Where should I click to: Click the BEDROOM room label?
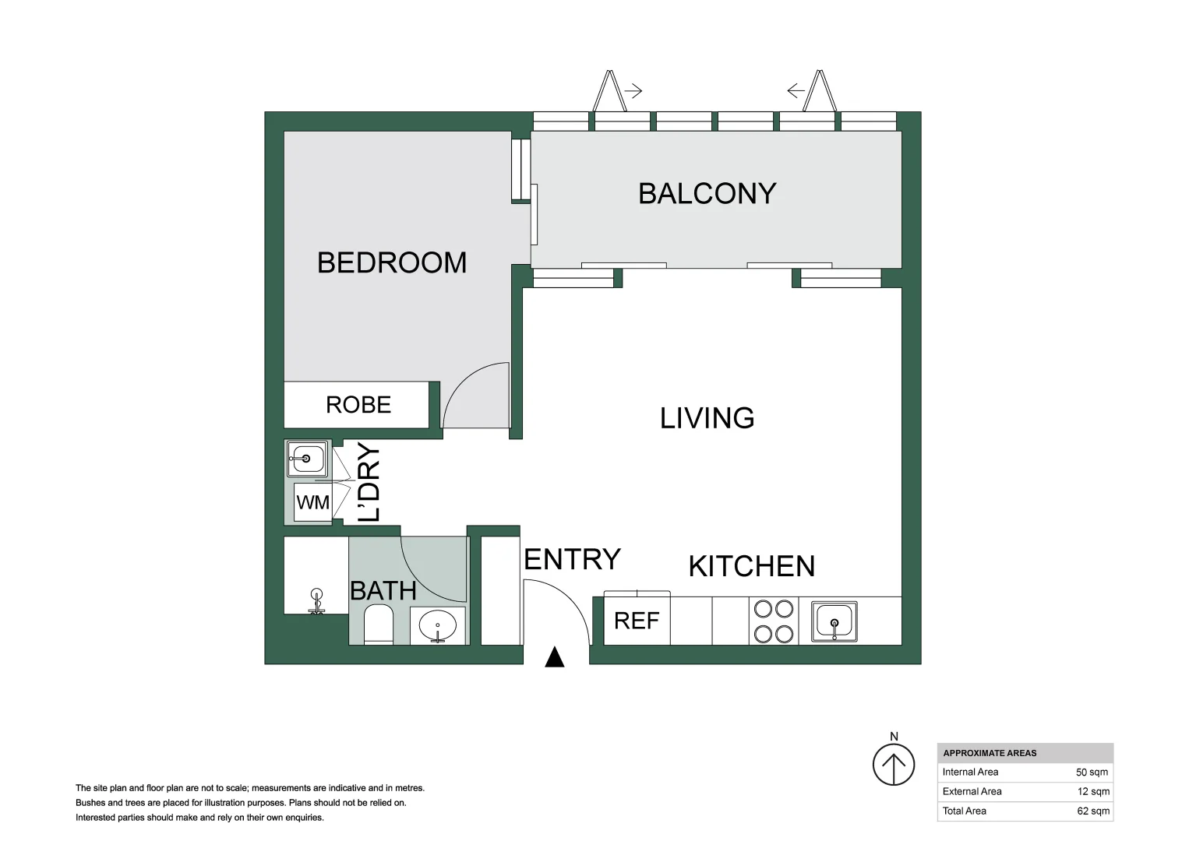[x=392, y=263]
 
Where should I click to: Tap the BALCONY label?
[x=707, y=194]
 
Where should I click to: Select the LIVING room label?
[x=707, y=418]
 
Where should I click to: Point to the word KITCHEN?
[x=751, y=566]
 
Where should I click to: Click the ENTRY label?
[x=572, y=559]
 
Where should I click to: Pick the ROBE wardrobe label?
[x=358, y=405]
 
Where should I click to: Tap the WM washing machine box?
[x=313, y=503]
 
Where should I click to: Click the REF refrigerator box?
[x=637, y=621]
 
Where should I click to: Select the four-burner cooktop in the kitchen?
[x=773, y=621]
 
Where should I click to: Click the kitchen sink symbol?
[x=834, y=621]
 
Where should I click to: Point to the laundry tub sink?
[x=307, y=459]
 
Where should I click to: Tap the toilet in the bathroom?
[x=379, y=627]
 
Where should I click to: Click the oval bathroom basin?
[x=438, y=625]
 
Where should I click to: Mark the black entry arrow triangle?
[x=554, y=658]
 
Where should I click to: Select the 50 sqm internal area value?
[x=1092, y=772]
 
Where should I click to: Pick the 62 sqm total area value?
[x=1092, y=811]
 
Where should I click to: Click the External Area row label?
[x=972, y=792]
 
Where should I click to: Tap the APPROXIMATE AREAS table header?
[x=990, y=753]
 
